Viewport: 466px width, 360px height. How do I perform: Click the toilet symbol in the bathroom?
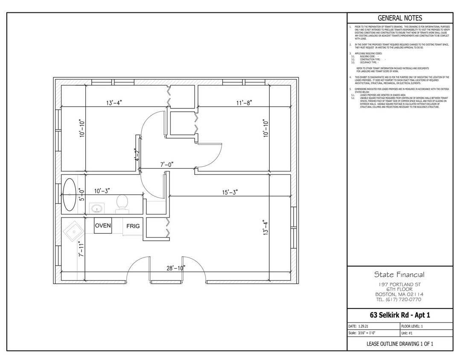[x=122, y=203]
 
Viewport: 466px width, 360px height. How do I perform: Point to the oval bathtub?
[x=70, y=195]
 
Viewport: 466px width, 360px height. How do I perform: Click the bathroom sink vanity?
[x=97, y=208]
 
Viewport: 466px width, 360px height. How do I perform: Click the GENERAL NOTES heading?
[x=400, y=18]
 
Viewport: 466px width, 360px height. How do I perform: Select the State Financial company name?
[x=399, y=274]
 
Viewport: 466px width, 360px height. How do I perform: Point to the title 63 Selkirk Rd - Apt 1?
[x=400, y=316]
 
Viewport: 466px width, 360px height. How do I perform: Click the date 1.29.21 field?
[x=363, y=326]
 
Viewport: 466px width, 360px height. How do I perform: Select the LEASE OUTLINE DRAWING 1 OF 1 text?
[x=400, y=344]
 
